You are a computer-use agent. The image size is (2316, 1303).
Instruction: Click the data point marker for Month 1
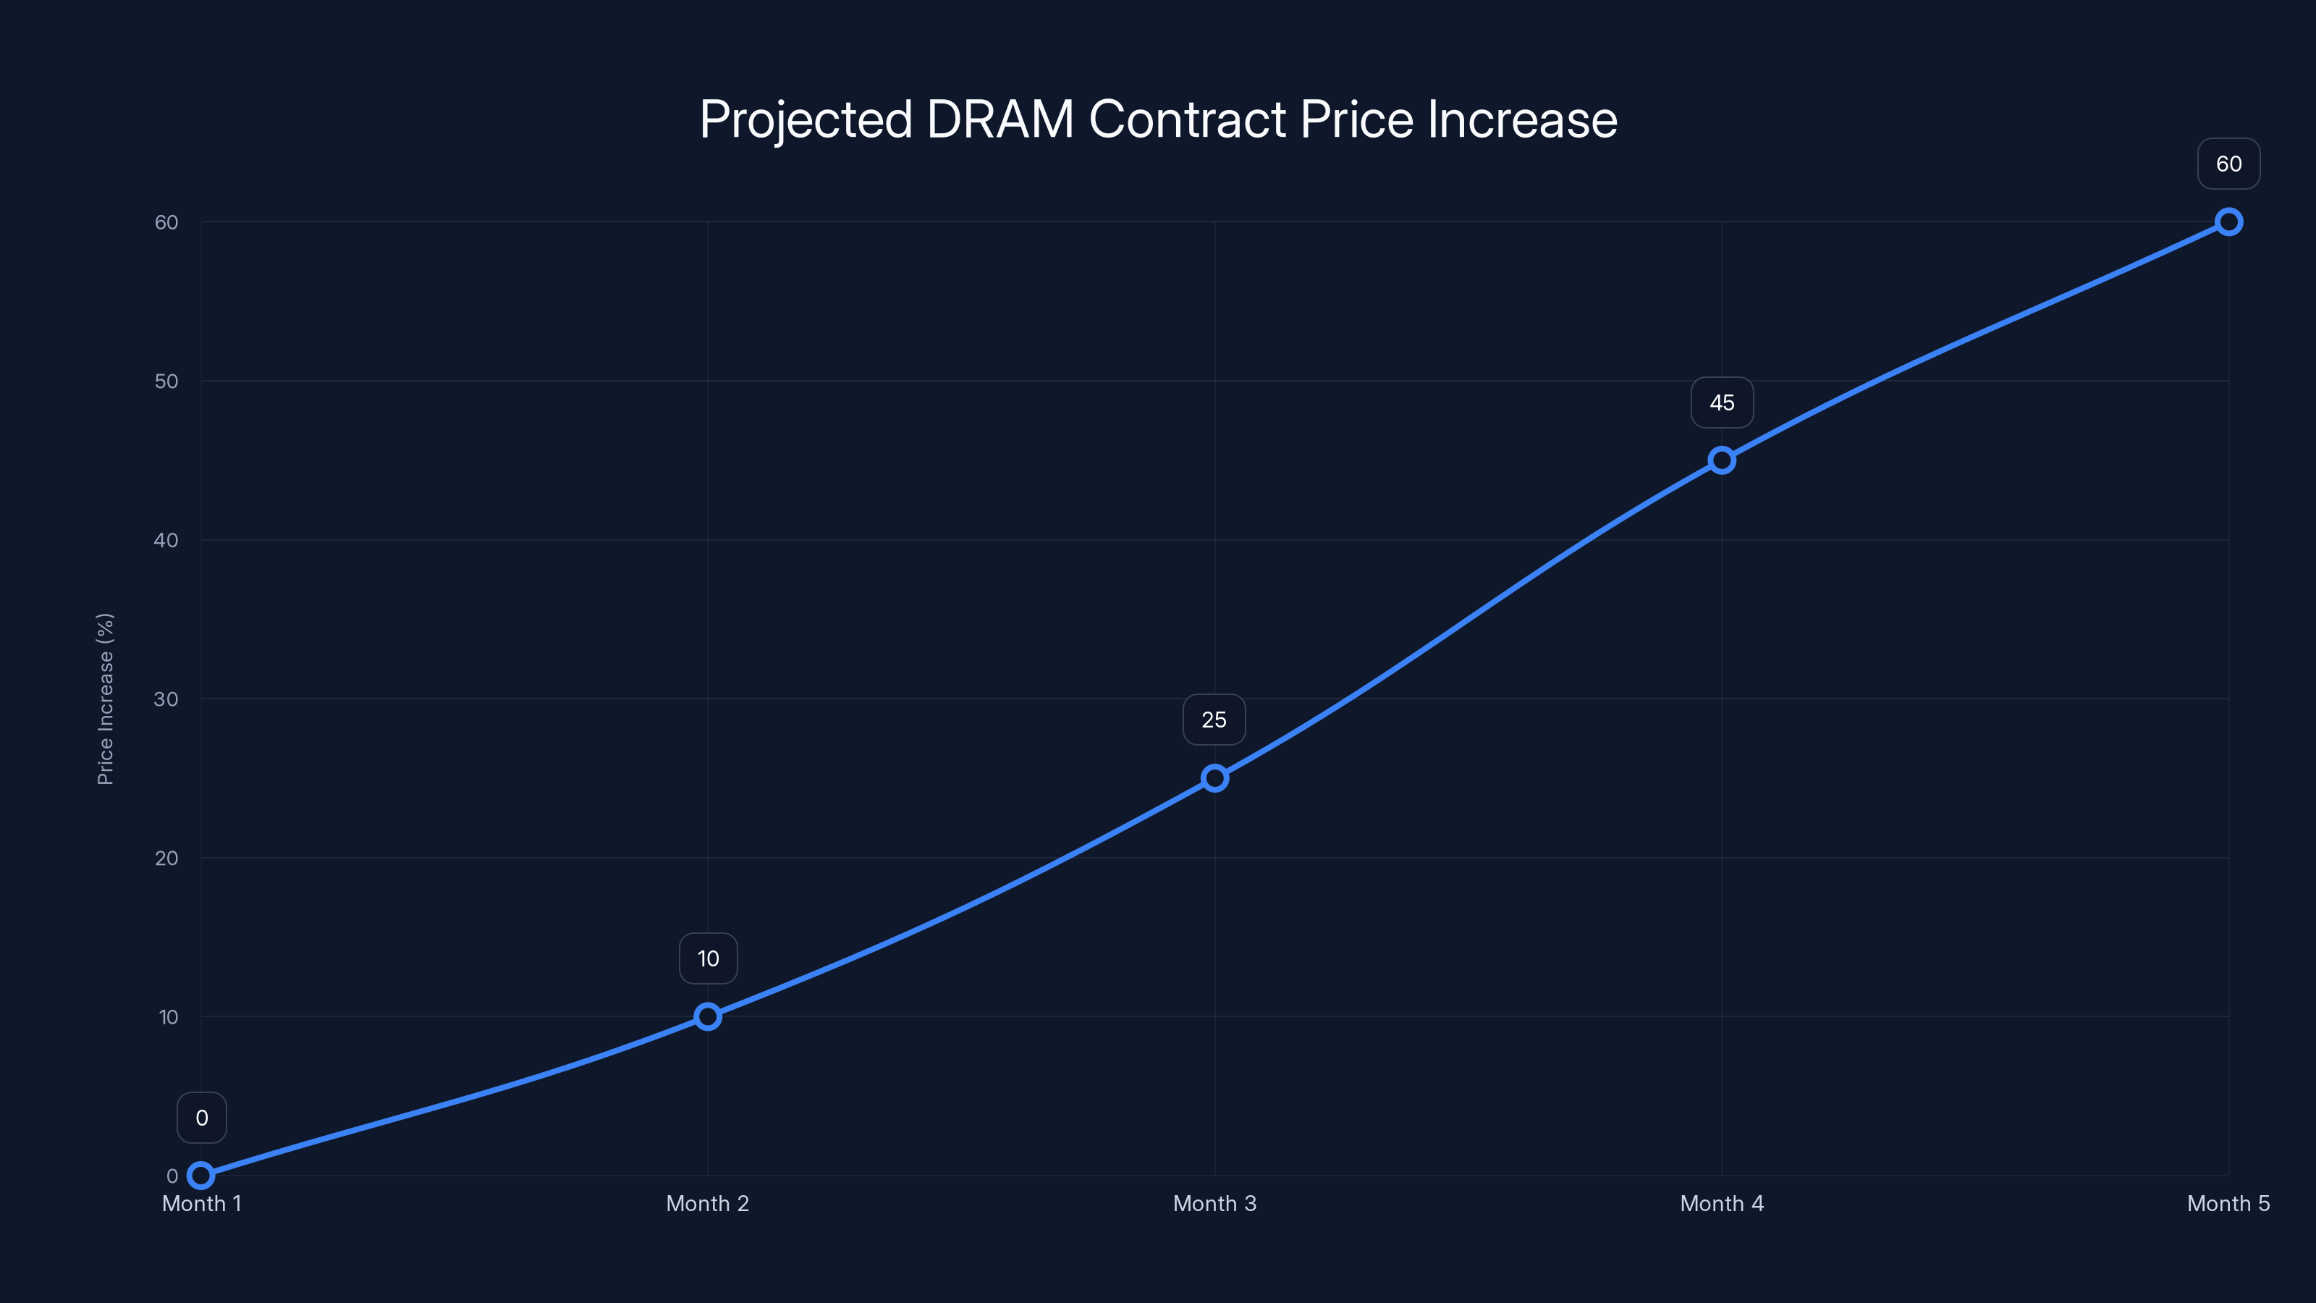200,1176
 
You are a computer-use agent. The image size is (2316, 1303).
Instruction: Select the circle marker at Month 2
708,1016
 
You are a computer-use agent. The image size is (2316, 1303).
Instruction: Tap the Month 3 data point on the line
1214,778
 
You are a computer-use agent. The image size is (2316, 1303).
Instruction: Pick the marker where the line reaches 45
1722,460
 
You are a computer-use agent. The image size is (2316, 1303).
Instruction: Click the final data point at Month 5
2229,222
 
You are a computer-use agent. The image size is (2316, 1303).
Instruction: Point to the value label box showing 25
1214,720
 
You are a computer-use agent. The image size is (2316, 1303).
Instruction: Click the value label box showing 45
1722,403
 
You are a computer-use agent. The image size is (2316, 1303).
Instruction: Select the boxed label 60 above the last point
2229,164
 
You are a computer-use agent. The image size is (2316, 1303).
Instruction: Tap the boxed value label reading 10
708,958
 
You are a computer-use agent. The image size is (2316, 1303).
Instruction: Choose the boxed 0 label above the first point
201,1118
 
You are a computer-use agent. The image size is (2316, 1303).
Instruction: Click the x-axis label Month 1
201,1203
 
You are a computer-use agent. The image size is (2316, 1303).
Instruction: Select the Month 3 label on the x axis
1214,1203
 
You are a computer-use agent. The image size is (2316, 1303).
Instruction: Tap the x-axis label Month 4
1722,1203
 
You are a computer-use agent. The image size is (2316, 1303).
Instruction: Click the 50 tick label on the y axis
166,381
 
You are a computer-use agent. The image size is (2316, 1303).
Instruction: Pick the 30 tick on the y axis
166,699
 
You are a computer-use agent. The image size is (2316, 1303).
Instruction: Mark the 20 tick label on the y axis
166,858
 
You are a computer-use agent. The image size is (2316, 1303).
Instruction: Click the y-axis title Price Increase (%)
105,699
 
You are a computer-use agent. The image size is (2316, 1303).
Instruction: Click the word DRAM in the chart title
999,119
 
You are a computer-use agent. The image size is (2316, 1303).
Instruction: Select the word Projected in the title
806,119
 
